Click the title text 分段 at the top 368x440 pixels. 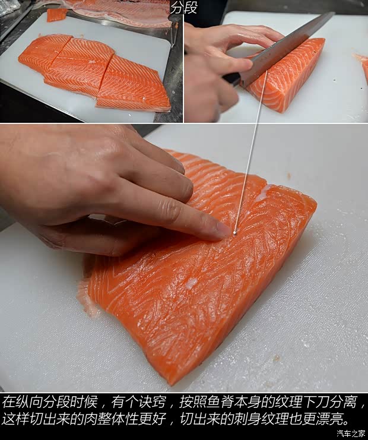183,8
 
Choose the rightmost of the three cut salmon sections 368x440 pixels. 133,86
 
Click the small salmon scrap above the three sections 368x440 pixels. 57,15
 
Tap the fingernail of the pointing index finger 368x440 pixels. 223,230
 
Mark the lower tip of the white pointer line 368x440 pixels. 234,233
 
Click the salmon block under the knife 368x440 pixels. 288,74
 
